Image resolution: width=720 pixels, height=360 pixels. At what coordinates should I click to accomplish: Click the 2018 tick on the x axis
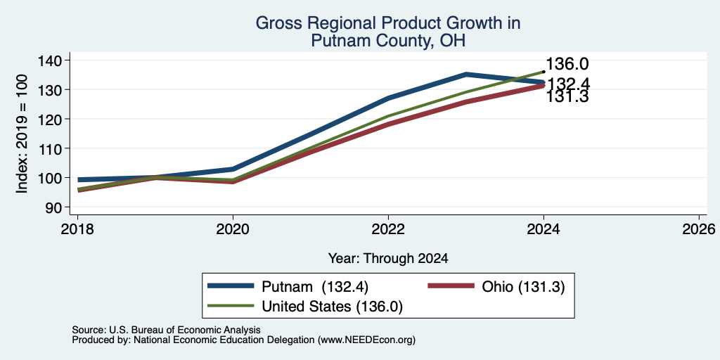point(77,229)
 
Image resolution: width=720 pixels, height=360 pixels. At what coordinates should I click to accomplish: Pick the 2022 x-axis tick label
point(388,229)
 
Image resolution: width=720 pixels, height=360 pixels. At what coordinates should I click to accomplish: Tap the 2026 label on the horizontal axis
point(700,229)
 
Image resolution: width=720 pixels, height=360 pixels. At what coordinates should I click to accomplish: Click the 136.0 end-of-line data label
point(567,64)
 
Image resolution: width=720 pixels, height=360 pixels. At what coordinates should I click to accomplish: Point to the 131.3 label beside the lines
point(567,97)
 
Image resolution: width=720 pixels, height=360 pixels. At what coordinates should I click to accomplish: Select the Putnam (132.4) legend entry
point(315,286)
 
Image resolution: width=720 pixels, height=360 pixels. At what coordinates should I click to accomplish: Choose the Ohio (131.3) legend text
point(523,286)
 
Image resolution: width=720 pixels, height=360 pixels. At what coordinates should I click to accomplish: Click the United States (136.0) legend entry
point(332,307)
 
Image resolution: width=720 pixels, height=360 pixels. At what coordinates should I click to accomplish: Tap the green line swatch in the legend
point(231,306)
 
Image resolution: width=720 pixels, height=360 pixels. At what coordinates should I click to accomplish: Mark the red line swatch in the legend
point(451,285)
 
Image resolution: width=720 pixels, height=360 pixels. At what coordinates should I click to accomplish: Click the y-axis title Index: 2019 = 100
point(22,134)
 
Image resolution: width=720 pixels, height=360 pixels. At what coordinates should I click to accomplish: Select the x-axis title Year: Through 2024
point(388,259)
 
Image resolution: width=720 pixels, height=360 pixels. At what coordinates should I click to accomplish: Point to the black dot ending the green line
point(544,72)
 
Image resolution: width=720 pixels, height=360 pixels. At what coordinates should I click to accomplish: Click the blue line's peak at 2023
point(466,74)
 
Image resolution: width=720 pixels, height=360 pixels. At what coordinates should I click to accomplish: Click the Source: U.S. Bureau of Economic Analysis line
point(166,330)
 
